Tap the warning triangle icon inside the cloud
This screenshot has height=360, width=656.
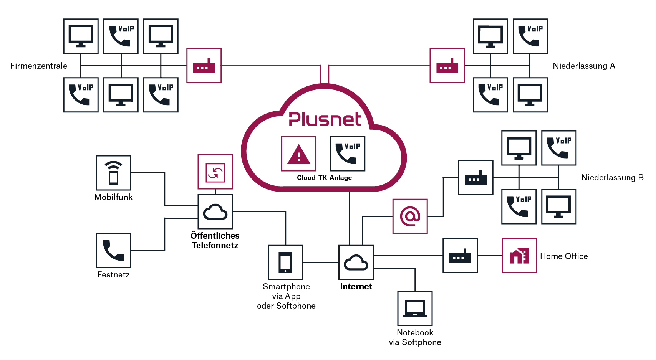pyautogui.click(x=299, y=154)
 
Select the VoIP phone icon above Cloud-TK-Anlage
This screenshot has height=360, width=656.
pyautogui.click(x=348, y=154)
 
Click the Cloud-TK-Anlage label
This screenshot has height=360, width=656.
pyautogui.click(x=324, y=178)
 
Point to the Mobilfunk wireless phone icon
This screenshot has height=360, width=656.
pyautogui.click(x=113, y=173)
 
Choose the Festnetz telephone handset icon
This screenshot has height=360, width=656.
pyautogui.click(x=113, y=250)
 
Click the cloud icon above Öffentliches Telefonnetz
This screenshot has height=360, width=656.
pyautogui.click(x=215, y=211)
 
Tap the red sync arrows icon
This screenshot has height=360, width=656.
pyautogui.click(x=215, y=172)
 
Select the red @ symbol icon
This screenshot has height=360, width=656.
pyautogui.click(x=410, y=216)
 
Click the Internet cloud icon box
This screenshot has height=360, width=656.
pyautogui.click(x=356, y=263)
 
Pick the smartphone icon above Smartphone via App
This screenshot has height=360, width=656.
pyautogui.click(x=286, y=263)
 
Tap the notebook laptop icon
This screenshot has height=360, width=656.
pyautogui.click(x=415, y=309)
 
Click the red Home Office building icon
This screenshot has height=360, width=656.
pyautogui.click(x=519, y=256)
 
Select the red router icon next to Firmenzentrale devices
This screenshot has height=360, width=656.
pyautogui.click(x=204, y=66)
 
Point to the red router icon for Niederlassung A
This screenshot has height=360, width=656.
pyautogui.click(x=447, y=66)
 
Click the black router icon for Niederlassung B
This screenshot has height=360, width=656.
pyautogui.click(x=476, y=177)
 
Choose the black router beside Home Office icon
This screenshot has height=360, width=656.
pyautogui.click(x=460, y=256)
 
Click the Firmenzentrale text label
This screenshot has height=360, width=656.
pyautogui.click(x=38, y=66)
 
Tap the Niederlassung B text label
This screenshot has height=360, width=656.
pyautogui.click(x=612, y=178)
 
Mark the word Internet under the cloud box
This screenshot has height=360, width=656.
pyautogui.click(x=356, y=287)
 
